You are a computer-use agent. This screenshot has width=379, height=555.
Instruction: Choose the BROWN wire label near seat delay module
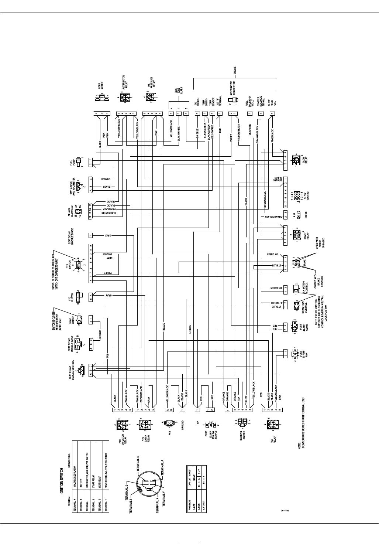(100, 334)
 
